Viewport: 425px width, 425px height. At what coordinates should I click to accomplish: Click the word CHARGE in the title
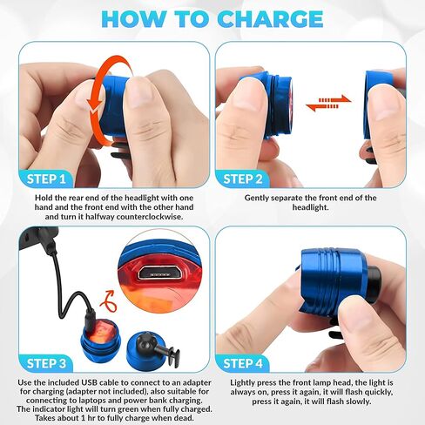(x=270, y=19)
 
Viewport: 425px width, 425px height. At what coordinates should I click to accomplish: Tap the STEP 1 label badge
(x=46, y=179)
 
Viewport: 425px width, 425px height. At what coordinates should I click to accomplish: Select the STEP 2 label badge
(x=243, y=179)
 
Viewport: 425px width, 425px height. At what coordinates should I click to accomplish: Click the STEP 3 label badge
(x=46, y=363)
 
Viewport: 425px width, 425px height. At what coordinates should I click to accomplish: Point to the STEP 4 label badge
(x=243, y=363)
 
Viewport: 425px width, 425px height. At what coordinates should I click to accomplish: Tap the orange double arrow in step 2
(x=328, y=103)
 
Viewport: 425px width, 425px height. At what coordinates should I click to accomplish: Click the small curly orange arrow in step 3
(x=109, y=302)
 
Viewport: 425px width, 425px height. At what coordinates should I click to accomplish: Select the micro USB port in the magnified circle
(x=158, y=273)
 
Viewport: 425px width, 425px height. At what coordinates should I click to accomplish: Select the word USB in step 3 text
(x=90, y=382)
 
